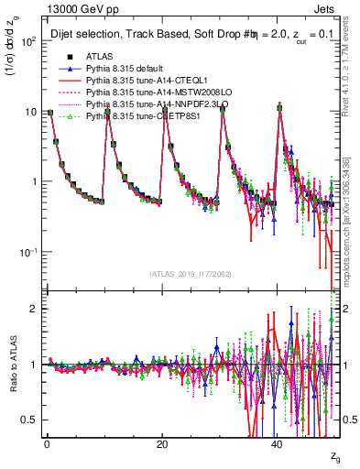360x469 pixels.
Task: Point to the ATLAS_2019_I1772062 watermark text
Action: coord(191,274)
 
